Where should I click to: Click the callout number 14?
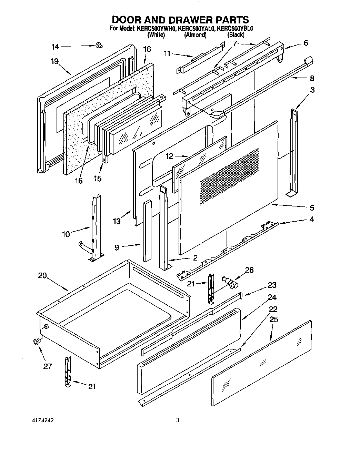pyautogui.click(x=55, y=47)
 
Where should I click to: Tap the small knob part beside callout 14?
pyautogui.click(x=99, y=45)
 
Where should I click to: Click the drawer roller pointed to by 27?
pyautogui.click(x=36, y=341)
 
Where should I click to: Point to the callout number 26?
pyautogui.click(x=249, y=270)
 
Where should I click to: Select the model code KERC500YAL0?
pyautogui.click(x=196, y=29)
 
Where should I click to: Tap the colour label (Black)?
pyautogui.click(x=236, y=35)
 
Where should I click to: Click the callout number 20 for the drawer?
pyautogui.click(x=42, y=275)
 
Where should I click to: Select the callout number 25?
pyautogui.click(x=273, y=320)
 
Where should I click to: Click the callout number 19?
pyautogui.click(x=54, y=62)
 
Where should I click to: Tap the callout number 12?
pyautogui.click(x=169, y=156)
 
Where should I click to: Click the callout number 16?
pyautogui.click(x=79, y=180)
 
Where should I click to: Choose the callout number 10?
pyautogui.click(x=66, y=234)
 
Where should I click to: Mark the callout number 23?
pyautogui.click(x=272, y=285)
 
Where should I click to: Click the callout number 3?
pyautogui.click(x=312, y=90)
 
